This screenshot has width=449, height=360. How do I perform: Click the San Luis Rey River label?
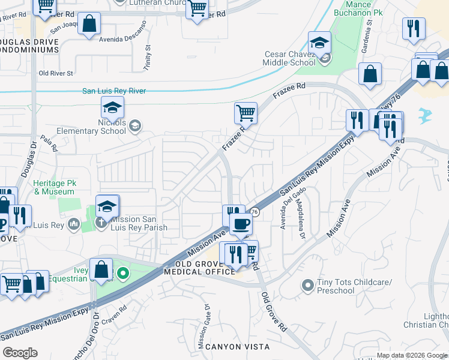(x=114, y=91)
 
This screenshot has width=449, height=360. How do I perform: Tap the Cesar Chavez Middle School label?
(x=290, y=58)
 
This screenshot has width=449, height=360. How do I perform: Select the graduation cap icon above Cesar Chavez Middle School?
(x=319, y=43)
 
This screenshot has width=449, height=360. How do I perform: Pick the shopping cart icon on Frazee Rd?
(x=246, y=112)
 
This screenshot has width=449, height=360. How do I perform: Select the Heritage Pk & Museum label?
(x=54, y=188)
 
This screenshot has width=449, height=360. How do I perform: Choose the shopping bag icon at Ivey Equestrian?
(x=101, y=269)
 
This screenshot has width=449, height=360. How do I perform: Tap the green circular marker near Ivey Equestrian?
(x=123, y=275)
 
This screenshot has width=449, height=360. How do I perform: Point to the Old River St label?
(x=55, y=73)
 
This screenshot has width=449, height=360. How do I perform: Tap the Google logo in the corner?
(x=20, y=353)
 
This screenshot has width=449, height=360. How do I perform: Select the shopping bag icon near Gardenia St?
(x=370, y=74)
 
